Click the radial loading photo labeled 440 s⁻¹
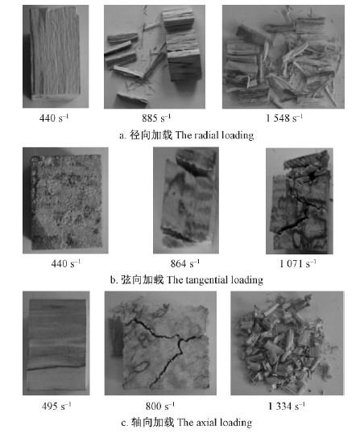(56, 56)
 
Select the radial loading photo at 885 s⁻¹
(155, 56)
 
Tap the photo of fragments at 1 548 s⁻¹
(283, 56)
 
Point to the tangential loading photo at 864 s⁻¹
(186, 200)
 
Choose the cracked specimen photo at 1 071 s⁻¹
(300, 200)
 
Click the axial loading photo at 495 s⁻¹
(56, 343)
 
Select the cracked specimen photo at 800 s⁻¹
(160, 343)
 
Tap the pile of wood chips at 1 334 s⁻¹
(288, 343)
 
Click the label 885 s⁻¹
(156, 118)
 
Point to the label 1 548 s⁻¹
(284, 118)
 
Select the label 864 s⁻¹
(185, 263)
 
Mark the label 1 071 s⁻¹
(298, 263)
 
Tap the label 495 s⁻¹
(56, 406)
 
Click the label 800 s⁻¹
(160, 406)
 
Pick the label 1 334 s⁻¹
(287, 406)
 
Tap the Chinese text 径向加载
(151, 135)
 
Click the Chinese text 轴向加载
(152, 422)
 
